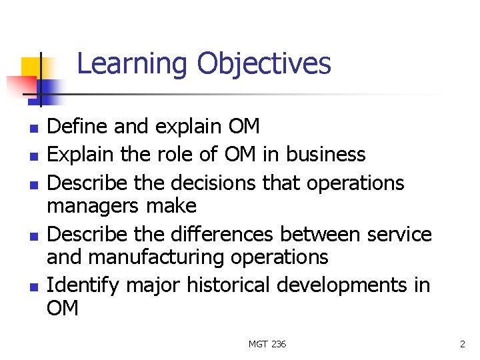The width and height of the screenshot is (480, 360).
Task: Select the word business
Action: click(x=326, y=154)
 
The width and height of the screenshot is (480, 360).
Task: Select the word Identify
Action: click(x=82, y=285)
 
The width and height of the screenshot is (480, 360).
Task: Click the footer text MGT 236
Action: click(x=267, y=344)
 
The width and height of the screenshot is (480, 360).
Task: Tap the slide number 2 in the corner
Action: click(x=462, y=344)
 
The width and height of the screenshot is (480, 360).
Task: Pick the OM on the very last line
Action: click(x=63, y=309)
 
